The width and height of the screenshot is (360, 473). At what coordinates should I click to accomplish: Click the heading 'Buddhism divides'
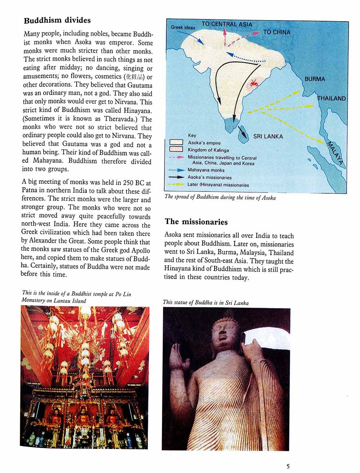pyautogui.click(x=57, y=21)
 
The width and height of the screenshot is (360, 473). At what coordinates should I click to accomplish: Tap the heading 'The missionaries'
pyautogui.click(x=196, y=222)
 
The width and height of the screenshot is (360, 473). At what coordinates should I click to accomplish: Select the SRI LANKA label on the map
pyautogui.click(x=268, y=136)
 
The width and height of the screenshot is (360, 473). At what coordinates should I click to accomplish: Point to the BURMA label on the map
pyautogui.click(x=314, y=79)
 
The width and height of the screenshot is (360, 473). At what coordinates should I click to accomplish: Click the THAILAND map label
pyautogui.click(x=331, y=98)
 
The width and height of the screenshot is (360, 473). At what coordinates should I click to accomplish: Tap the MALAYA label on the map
pyautogui.click(x=335, y=153)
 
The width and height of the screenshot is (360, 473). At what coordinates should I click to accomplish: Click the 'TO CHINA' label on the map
pyautogui.click(x=276, y=32)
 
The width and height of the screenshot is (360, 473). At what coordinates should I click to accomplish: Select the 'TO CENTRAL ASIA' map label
pyautogui.click(x=226, y=24)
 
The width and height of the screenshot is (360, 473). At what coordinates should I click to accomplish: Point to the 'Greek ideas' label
pyautogui.click(x=183, y=27)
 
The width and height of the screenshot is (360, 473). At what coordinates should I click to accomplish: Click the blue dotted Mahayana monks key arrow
pyautogui.click(x=176, y=170)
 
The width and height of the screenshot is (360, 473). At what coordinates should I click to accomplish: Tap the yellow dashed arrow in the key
pyautogui.click(x=176, y=184)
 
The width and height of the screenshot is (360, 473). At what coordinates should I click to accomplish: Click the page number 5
pyautogui.click(x=288, y=467)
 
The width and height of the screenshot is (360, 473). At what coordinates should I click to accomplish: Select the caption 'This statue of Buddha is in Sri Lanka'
pyautogui.click(x=206, y=303)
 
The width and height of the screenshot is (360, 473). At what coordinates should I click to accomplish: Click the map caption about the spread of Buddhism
pyautogui.click(x=220, y=197)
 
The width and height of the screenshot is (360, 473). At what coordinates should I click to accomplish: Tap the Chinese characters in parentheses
pyautogui.click(x=135, y=77)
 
